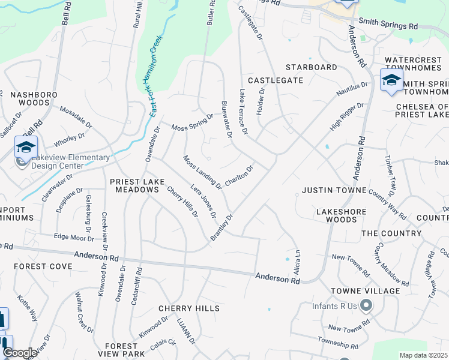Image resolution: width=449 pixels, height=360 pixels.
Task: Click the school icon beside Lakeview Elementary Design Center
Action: (x=26, y=147)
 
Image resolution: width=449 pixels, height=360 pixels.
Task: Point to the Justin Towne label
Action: (x=334, y=190)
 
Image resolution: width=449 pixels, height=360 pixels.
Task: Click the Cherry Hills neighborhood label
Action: (x=189, y=308)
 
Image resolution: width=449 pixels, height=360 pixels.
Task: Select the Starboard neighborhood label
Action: (x=312, y=67)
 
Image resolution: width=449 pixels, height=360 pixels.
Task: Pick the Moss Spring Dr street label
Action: (x=192, y=122)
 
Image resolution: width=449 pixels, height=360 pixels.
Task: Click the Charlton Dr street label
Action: (x=239, y=175)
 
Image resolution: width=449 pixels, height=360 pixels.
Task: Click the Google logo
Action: (x=19, y=353)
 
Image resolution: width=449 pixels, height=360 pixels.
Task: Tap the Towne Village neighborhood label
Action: (x=365, y=291)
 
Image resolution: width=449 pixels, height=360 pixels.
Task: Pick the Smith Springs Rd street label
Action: (x=388, y=25)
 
